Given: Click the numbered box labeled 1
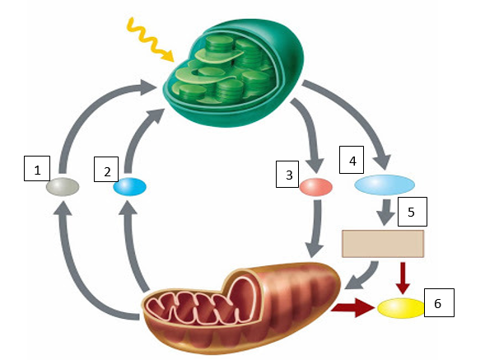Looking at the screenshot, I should pyautogui.click(x=36, y=170).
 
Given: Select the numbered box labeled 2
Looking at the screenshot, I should pyautogui.click(x=107, y=171).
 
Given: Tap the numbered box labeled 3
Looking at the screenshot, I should pyautogui.click(x=289, y=174).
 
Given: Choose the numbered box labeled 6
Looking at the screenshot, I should pyautogui.click(x=438, y=303).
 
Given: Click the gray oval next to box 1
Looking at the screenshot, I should pyautogui.click(x=63, y=187).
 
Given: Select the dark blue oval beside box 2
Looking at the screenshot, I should pyautogui.click(x=130, y=187).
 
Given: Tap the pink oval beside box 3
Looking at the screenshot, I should pyautogui.click(x=315, y=187).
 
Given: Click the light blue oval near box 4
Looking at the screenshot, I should pyautogui.click(x=385, y=185).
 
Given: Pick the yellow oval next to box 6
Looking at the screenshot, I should pyautogui.click(x=400, y=308).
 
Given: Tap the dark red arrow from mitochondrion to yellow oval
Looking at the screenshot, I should pyautogui.click(x=352, y=309).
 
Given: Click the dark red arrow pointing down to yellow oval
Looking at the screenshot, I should pyautogui.click(x=403, y=277).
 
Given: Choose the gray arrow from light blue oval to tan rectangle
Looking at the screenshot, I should pyautogui.click(x=384, y=213).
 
